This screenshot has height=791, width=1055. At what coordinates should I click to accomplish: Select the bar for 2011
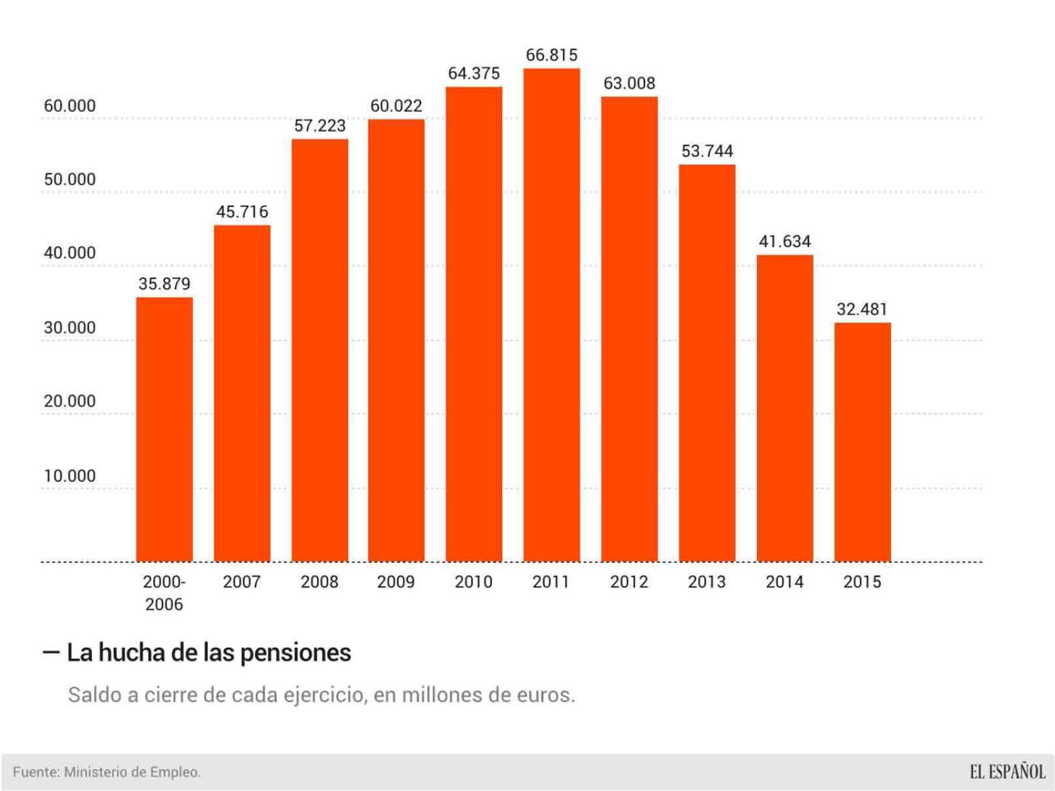click(552, 315)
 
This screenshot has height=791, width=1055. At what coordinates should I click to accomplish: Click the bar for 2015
click(862, 442)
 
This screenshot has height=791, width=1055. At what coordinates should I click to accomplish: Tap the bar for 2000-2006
click(164, 429)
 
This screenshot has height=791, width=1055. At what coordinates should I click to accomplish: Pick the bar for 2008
click(320, 350)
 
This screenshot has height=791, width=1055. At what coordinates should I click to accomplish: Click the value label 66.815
click(552, 55)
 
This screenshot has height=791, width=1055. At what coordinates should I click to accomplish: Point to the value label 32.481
click(862, 309)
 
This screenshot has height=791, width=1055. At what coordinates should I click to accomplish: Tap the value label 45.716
click(242, 212)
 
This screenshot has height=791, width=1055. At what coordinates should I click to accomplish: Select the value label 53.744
click(707, 151)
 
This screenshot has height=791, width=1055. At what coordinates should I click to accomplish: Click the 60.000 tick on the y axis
click(70, 106)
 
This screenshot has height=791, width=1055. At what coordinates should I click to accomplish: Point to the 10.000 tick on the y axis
click(70, 476)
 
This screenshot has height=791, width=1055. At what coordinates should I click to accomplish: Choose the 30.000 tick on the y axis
click(70, 328)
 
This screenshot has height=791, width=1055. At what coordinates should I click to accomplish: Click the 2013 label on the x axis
click(707, 582)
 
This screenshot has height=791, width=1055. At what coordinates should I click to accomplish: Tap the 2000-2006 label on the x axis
click(164, 593)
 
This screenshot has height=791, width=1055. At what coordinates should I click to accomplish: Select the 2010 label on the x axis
click(474, 582)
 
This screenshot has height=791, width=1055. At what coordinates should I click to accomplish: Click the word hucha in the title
click(132, 653)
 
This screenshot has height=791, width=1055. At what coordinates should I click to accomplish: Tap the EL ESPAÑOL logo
click(1007, 772)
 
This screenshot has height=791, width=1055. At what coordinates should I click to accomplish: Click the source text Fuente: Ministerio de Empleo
click(107, 772)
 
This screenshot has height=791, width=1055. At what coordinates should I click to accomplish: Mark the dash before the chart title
click(51, 652)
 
